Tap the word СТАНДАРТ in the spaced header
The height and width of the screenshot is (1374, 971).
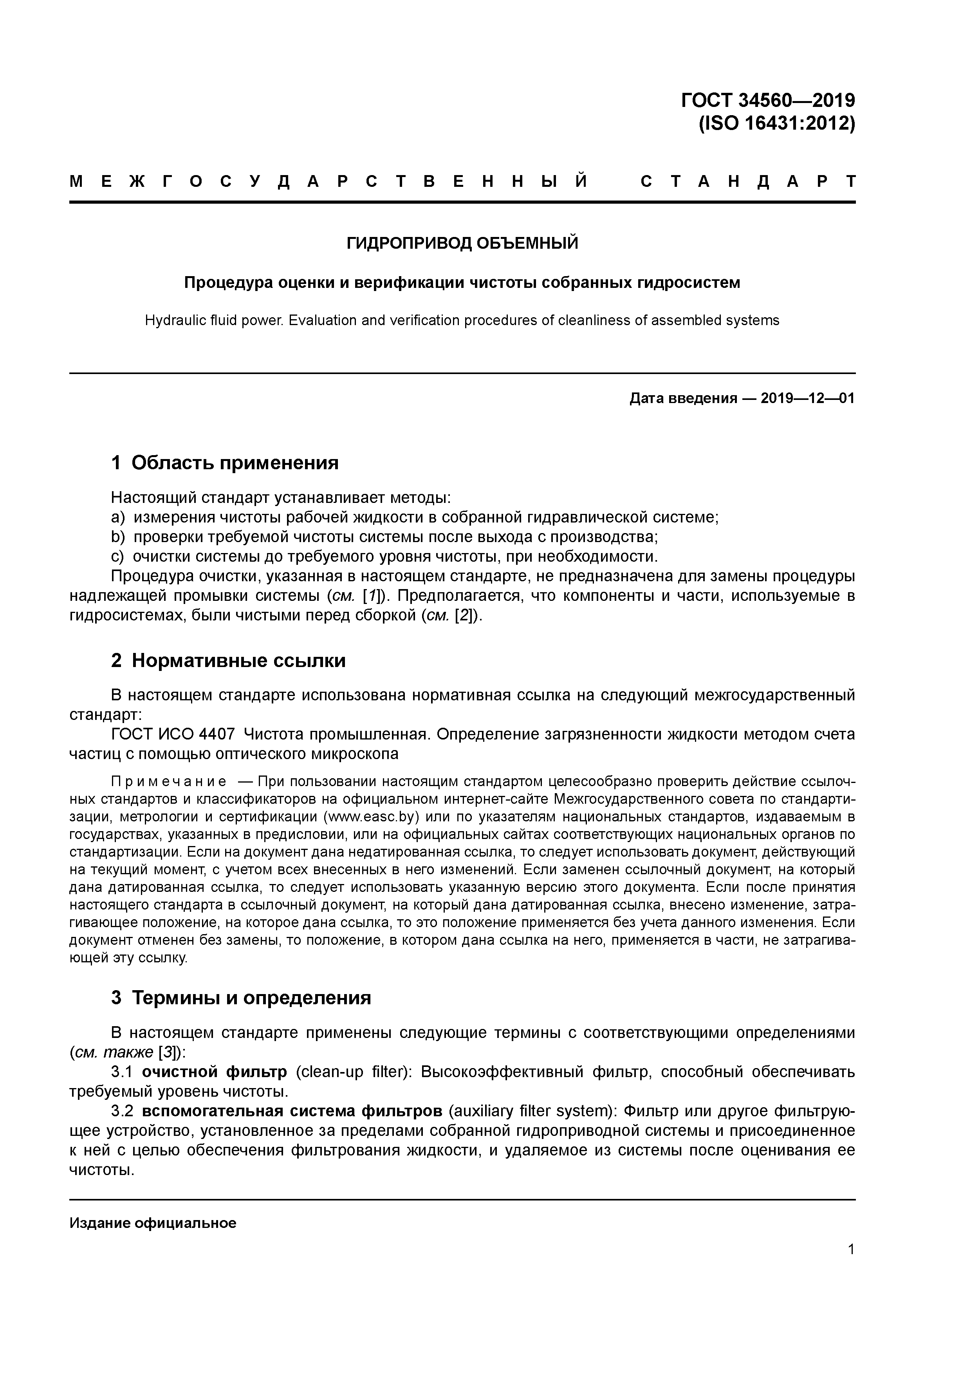pos(748,181)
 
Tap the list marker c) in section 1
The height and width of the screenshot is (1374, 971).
pos(117,557)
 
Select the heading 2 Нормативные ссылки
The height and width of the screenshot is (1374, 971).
pos(229,661)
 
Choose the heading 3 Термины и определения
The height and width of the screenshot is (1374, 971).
pos(241,998)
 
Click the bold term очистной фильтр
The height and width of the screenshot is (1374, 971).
pos(214,1072)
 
